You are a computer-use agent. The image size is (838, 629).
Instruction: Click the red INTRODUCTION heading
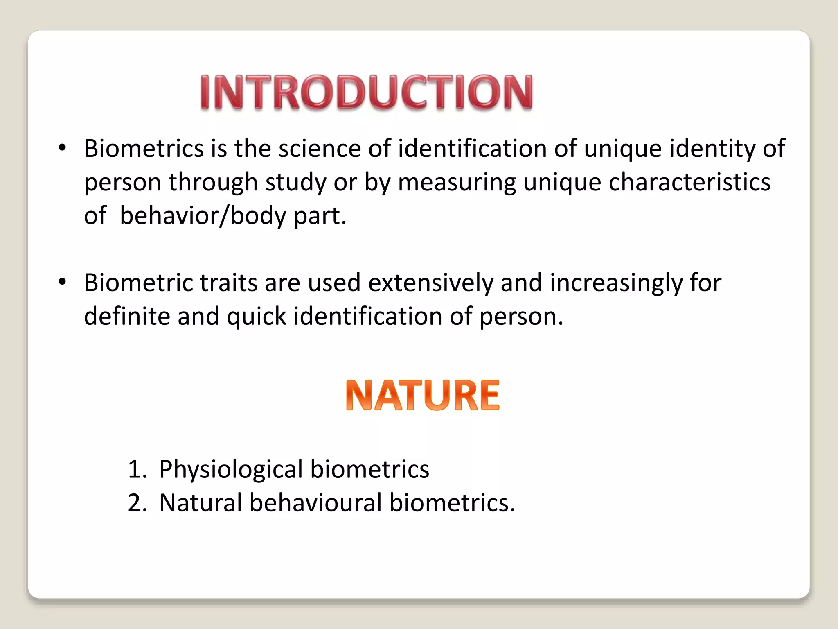coord(367,92)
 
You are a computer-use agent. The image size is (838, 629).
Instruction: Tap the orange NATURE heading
coord(422,395)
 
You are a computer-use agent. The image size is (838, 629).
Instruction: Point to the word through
coord(213,182)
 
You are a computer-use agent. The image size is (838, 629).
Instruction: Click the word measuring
coord(457,182)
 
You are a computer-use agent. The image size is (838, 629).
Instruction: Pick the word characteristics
coord(689,182)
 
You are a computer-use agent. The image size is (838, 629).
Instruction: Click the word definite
coord(127,316)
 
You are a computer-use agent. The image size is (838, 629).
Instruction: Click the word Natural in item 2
coord(200,502)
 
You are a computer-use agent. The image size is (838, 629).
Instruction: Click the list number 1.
coord(136,469)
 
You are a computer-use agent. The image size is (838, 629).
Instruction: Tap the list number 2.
coord(136,503)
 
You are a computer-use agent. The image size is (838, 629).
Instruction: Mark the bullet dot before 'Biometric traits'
coord(62,282)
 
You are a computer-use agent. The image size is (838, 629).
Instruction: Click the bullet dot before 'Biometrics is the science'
coord(62,148)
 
